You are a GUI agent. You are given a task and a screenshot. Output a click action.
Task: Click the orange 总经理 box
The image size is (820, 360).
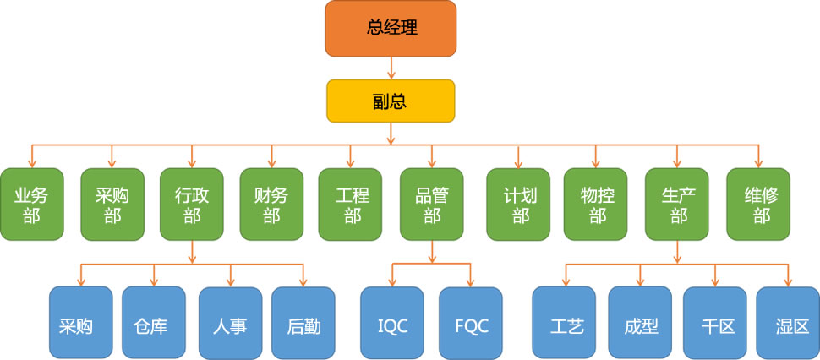(x=390, y=28)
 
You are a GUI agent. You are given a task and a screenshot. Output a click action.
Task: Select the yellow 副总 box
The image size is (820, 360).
(x=390, y=101)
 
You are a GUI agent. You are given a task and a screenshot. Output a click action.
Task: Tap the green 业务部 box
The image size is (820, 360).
(x=31, y=205)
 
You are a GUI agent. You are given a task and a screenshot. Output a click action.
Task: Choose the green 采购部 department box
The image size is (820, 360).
(x=112, y=205)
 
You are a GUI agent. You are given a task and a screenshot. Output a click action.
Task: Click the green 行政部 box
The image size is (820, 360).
(x=192, y=205)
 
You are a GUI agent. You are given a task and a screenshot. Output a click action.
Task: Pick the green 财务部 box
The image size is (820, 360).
(x=271, y=205)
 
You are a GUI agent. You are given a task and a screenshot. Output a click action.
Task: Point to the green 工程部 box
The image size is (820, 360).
(x=352, y=205)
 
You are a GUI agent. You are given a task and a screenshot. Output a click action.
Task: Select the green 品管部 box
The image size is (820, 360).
(x=432, y=205)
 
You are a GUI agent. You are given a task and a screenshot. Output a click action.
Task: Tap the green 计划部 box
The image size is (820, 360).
(x=519, y=205)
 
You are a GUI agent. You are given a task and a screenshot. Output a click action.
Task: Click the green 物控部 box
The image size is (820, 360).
(x=597, y=205)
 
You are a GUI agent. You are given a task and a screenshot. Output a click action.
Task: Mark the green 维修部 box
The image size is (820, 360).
(x=760, y=205)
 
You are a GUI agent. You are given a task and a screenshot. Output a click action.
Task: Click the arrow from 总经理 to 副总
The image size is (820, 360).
(x=390, y=67)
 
